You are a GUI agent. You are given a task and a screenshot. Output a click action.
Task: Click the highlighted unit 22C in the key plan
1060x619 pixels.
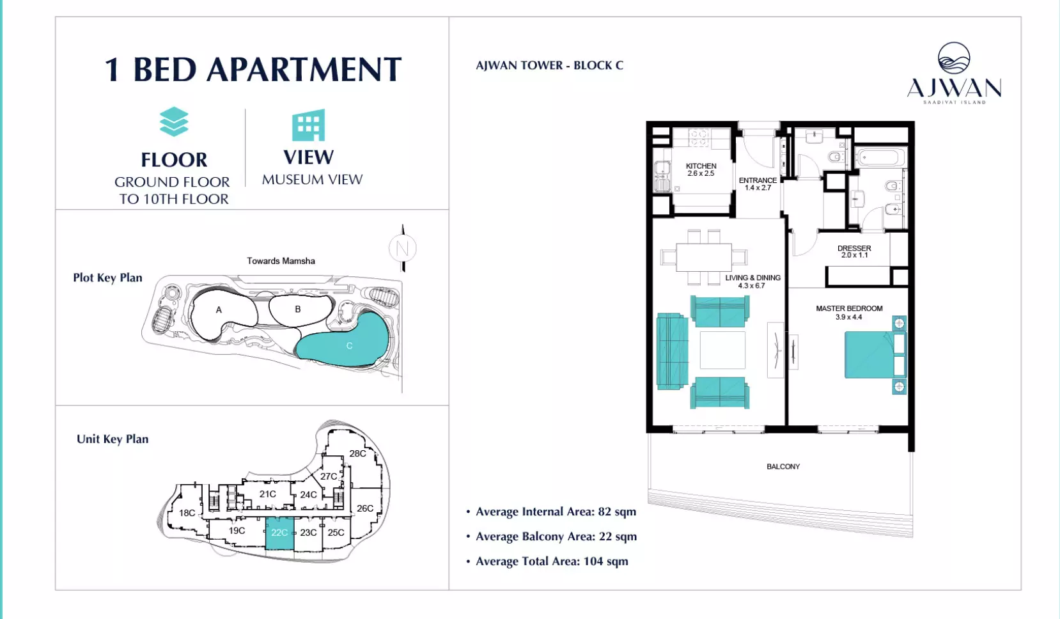coord(279,533)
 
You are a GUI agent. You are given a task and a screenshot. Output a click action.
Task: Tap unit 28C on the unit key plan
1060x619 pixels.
coord(358,453)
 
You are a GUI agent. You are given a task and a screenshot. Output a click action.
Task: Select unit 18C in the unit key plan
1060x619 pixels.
coord(187,512)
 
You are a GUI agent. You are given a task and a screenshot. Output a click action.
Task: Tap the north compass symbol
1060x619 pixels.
coord(403,248)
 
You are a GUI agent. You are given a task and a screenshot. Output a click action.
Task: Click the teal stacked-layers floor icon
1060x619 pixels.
coord(174,121)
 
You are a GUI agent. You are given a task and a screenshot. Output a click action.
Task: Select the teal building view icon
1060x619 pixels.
coord(309,125)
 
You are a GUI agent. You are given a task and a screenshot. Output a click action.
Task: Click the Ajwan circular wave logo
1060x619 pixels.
coord(953,58)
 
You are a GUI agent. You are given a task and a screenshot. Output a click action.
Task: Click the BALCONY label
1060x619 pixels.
coord(783,467)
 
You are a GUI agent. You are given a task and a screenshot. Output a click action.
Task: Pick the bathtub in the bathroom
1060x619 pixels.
coord(880,157)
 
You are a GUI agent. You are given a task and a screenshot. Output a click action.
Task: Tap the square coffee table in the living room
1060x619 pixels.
coord(722,350)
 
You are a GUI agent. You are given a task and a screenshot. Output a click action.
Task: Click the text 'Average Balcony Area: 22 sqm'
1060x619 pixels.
coord(556,537)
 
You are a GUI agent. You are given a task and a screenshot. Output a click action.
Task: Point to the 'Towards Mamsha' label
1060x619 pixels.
coord(281,261)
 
